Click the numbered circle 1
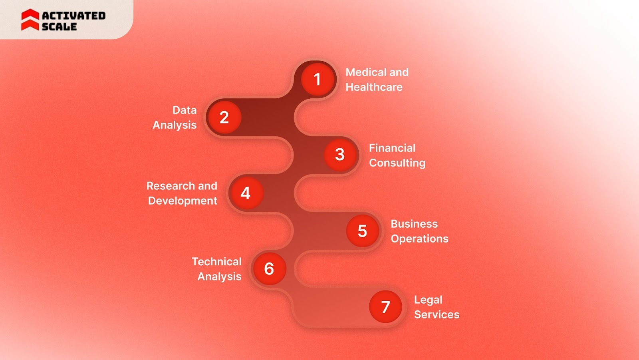[318, 80]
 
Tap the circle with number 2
[224, 117]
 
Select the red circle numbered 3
[340, 155]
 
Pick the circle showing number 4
[246, 193]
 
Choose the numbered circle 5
[362, 231]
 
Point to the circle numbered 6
[269, 269]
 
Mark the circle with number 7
[385, 307]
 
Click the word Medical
[366, 72]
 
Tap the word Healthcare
[374, 87]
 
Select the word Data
[185, 110]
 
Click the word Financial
[392, 148]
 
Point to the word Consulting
[397, 163]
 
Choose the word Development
[183, 201]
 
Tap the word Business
[414, 224]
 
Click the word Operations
[419, 239]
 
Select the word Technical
[216, 262]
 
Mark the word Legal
[428, 300]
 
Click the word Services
[437, 315]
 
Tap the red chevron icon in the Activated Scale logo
[30, 20]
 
